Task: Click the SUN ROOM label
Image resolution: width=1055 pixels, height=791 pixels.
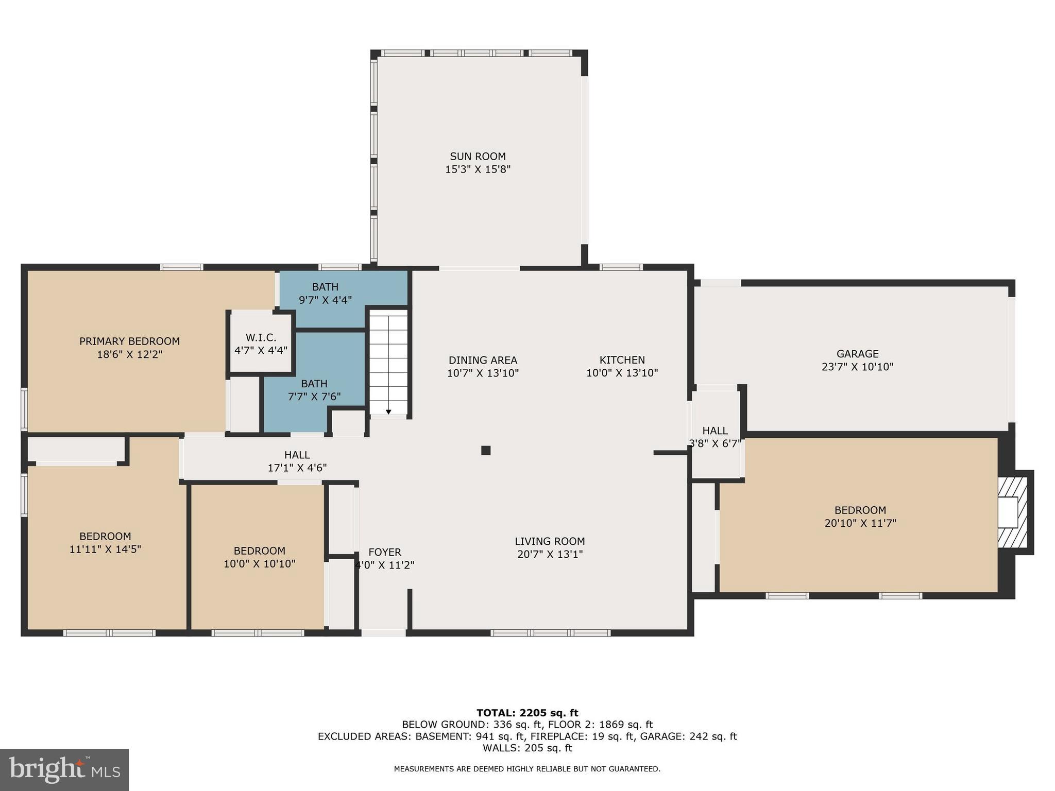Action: point(478,157)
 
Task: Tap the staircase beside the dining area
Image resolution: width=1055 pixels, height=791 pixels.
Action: point(388,360)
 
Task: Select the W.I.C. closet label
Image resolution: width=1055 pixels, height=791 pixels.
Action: point(261,338)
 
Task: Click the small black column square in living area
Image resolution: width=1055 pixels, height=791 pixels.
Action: point(485,450)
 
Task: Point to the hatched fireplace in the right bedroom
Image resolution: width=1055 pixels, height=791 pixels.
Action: point(1013,512)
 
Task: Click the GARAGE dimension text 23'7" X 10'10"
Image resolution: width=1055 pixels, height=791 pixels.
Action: point(857,367)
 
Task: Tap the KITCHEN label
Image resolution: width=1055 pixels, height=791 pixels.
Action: point(622,360)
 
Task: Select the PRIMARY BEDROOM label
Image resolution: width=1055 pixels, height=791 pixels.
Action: point(129,341)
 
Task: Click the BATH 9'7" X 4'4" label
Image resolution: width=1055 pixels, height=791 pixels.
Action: point(325,293)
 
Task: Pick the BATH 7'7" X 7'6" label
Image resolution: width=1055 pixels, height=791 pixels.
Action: point(314,390)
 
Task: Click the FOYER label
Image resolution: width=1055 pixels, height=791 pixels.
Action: point(384,552)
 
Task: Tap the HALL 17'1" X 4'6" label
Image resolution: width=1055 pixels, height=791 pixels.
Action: point(297,461)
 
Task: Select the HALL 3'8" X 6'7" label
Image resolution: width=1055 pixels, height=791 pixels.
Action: point(715,437)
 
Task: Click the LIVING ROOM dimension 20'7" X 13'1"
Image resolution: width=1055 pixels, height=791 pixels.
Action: point(550,555)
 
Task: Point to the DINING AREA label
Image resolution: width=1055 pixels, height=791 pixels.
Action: point(483,360)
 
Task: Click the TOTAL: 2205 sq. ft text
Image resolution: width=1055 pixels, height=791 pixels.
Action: point(527,713)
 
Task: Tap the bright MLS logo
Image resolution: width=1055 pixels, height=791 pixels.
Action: point(64,769)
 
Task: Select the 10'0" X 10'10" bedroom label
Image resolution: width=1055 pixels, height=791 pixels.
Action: point(259,557)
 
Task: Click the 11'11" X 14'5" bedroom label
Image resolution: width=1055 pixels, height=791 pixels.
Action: point(105,543)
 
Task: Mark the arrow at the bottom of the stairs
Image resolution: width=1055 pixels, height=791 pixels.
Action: point(388,411)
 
